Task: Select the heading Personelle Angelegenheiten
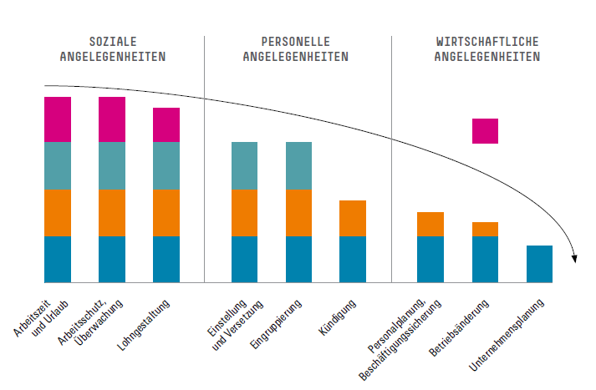coord(296,48)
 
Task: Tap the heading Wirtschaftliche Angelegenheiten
coord(487,48)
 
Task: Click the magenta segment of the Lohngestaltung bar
coord(166,124)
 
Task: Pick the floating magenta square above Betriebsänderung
coord(485,131)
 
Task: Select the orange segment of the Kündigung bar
coord(353,218)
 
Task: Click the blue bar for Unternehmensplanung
coord(539,264)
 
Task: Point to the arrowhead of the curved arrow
coord(574,257)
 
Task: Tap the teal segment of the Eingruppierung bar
coord(298,165)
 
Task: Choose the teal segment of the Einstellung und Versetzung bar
coord(245,165)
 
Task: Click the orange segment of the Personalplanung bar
coord(430,224)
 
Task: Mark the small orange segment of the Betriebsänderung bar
coord(485,229)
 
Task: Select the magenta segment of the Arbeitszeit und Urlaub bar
coord(58,119)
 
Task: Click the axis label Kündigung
coord(339,317)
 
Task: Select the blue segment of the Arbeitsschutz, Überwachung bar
coord(112,260)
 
